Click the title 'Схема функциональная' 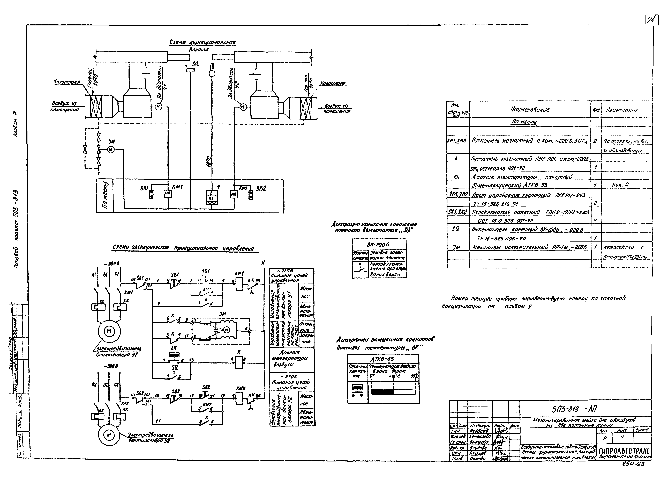click(202, 43)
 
